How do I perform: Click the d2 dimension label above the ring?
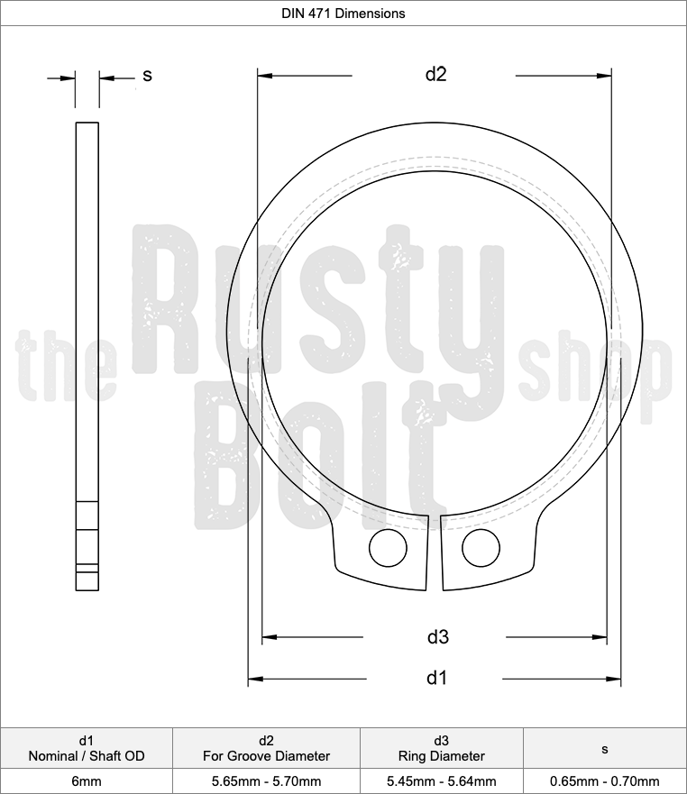pos(435,75)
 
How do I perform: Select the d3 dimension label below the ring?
pos(437,637)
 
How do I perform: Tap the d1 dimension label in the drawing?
pos(436,678)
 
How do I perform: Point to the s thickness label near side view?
pos(147,76)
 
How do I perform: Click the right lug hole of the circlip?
pos(481,547)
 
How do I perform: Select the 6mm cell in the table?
pos(87,781)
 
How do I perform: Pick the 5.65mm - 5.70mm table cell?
pos(266,781)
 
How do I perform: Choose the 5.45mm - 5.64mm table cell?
pos(442,781)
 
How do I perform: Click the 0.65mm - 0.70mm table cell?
pos(604,781)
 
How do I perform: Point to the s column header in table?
pos(604,748)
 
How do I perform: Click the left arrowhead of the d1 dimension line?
pos(255,678)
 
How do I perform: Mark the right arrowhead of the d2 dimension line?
pos(605,76)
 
